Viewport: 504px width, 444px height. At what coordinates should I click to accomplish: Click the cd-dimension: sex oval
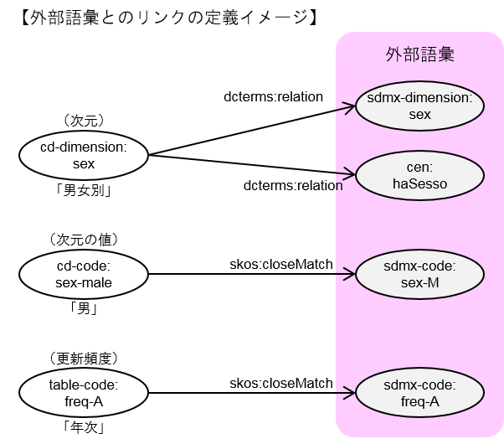pyautogui.click(x=84, y=156)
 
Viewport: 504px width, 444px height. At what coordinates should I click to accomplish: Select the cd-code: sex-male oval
pyautogui.click(x=84, y=274)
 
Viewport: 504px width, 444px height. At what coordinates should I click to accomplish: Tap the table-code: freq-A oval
pyautogui.click(x=84, y=393)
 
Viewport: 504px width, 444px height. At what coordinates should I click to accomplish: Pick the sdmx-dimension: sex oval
pyautogui.click(x=420, y=106)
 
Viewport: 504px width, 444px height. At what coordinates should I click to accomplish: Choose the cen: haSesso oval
pyautogui.click(x=420, y=176)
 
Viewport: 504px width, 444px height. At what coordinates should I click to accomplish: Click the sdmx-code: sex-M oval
pyautogui.click(x=420, y=274)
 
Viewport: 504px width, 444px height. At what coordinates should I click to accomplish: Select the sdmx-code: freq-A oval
pyautogui.click(x=420, y=393)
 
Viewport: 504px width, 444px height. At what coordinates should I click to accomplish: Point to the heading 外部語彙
pyautogui.click(x=420, y=55)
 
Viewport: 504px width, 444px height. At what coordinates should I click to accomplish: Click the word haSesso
pyautogui.click(x=420, y=183)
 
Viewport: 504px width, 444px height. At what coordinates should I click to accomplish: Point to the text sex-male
pyautogui.click(x=84, y=282)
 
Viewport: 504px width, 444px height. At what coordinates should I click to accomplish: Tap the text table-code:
pyautogui.click(x=84, y=385)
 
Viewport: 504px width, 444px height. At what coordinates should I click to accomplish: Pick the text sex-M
pyautogui.click(x=420, y=282)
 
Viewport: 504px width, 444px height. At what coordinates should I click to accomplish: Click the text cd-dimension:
pyautogui.click(x=84, y=148)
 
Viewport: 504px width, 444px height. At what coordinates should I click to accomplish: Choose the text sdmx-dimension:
pyautogui.click(x=420, y=99)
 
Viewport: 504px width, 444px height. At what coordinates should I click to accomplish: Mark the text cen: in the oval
pyautogui.click(x=420, y=168)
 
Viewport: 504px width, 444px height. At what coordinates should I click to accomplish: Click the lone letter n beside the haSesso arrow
pyautogui.click(x=339, y=186)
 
